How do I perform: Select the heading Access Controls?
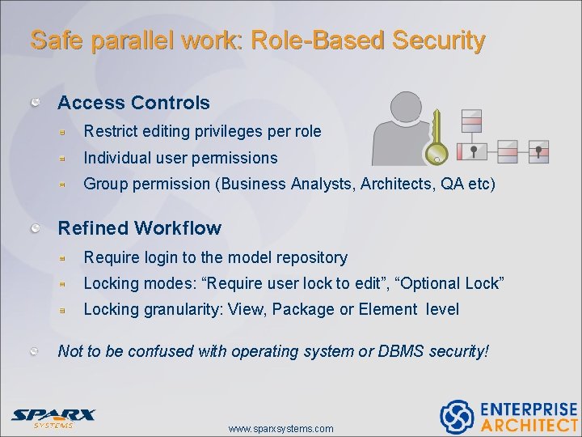tap(133, 103)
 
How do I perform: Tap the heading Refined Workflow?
tap(139, 228)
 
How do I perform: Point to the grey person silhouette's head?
tap(408, 107)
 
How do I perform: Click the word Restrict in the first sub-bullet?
tap(108, 131)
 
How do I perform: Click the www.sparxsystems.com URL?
tap(280, 428)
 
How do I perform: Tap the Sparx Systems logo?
tap(53, 418)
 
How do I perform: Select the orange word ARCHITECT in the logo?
tap(529, 425)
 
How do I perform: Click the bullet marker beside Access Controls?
tap(36, 102)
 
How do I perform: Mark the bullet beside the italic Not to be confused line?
tap(36, 351)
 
